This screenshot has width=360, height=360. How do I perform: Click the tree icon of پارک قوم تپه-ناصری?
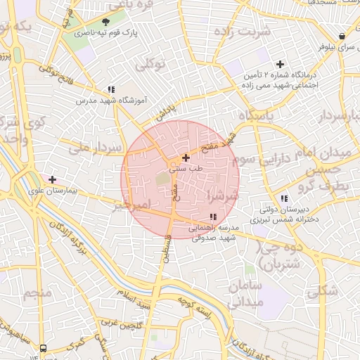[106, 22]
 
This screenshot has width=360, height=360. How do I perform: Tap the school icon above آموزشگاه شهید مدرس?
[111, 89]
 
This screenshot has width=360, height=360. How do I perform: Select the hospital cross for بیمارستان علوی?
[52, 179]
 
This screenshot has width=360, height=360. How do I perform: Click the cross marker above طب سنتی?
[185, 158]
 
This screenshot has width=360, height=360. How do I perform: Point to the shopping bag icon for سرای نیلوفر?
[342, 37]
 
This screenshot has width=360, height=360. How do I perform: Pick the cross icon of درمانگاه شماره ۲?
[280, 64]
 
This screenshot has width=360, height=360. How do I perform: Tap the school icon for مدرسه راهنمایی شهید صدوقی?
[213, 217]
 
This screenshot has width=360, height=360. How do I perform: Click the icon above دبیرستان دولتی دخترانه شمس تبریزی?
[284, 198]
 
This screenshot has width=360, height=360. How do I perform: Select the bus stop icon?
[44, 347]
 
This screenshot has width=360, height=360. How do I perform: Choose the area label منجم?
[37, 292]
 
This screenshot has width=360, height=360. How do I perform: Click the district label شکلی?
[323, 289]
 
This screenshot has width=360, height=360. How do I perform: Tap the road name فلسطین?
[167, 248]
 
